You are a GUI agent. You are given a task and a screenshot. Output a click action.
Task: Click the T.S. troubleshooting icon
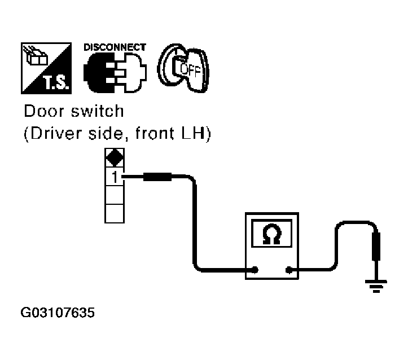click(x=46, y=68)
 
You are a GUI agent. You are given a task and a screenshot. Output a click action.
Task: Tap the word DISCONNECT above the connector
click(x=115, y=47)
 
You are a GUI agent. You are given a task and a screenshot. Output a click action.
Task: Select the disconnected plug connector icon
click(x=115, y=72)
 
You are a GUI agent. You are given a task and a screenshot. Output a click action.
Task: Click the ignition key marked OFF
click(x=183, y=68)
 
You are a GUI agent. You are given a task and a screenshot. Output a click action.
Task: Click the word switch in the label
click(x=98, y=111)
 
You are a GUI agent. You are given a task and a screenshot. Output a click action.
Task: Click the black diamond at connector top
click(x=115, y=157)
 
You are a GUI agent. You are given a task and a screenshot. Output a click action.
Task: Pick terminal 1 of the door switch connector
click(x=115, y=177)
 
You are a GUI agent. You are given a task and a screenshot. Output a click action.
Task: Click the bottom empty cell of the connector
click(x=115, y=213)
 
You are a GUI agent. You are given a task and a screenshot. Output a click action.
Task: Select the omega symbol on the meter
click(x=272, y=234)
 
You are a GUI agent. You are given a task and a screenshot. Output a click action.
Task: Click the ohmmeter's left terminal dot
click(x=255, y=270)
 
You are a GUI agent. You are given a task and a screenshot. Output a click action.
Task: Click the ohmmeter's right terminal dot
click(x=289, y=270)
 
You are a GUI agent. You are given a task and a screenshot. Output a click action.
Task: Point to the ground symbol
click(x=376, y=287)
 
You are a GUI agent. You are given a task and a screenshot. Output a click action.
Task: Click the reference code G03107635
click(x=58, y=313)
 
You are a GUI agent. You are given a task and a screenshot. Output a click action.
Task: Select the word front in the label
click(x=155, y=133)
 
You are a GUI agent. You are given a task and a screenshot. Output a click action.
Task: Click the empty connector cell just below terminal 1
click(x=115, y=195)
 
